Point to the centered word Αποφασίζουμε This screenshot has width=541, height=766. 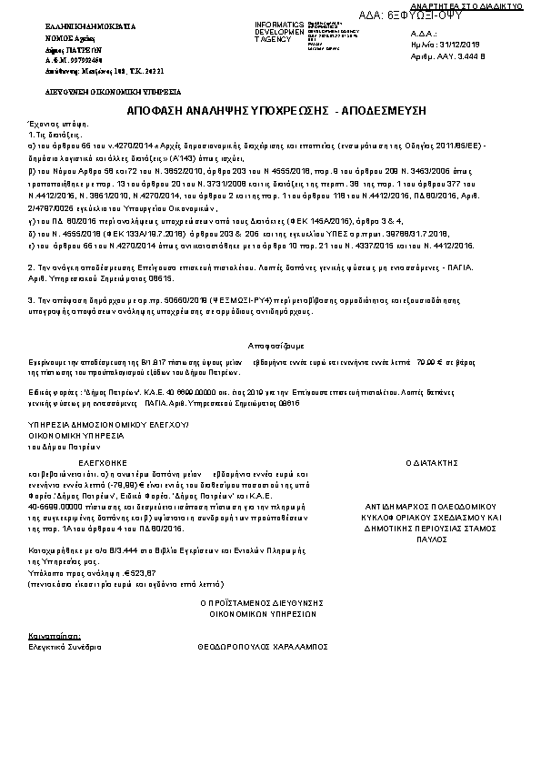pos(270,346)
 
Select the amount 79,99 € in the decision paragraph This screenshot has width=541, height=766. pos(402,365)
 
